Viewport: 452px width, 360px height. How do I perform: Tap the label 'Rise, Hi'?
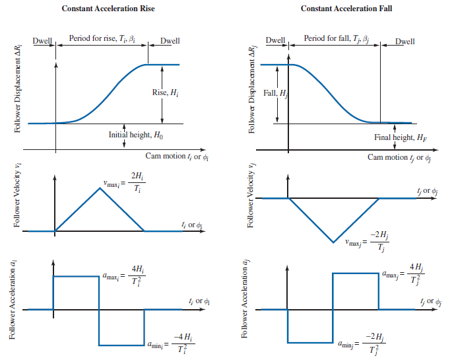coord(164,92)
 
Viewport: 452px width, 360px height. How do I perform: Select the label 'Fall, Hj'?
coord(275,93)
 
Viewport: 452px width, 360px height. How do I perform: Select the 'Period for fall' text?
coord(329,39)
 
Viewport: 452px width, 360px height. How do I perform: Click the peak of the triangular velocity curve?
coord(100,188)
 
